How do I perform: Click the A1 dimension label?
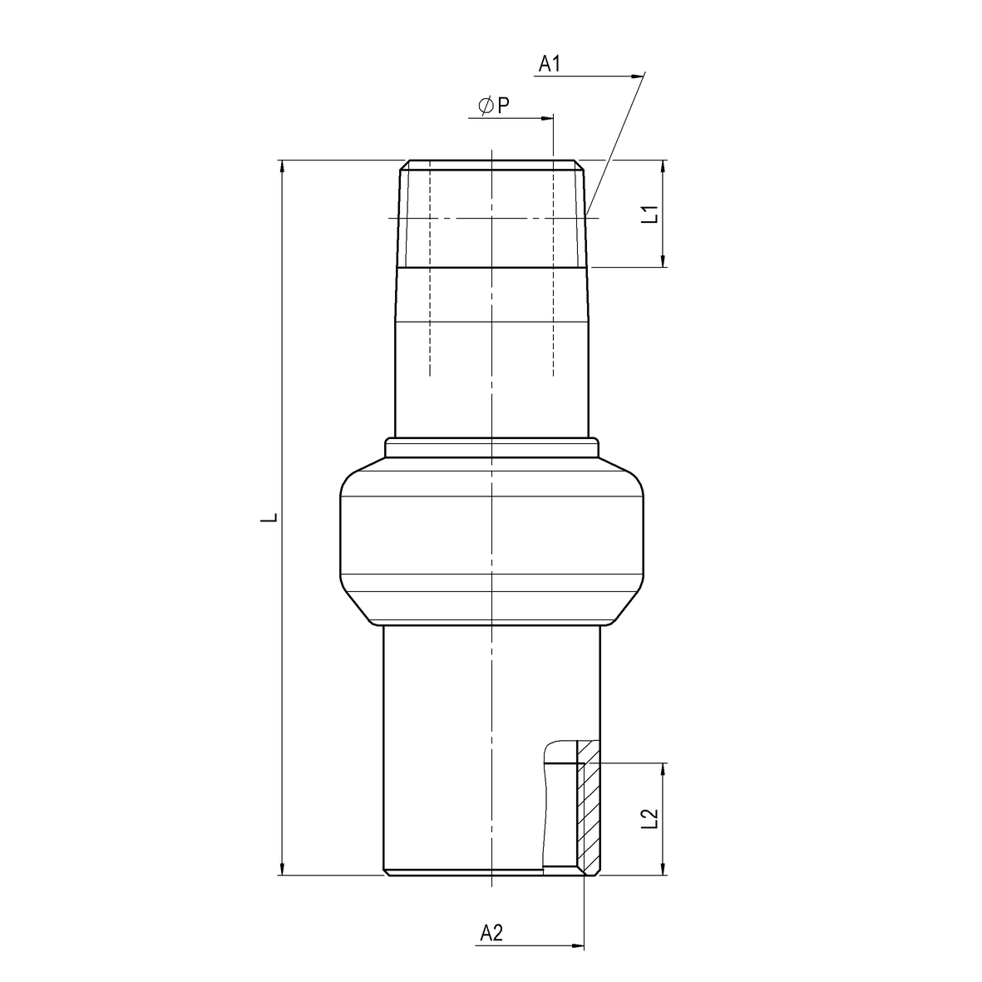point(550,64)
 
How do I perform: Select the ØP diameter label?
point(493,106)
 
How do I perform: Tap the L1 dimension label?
point(652,214)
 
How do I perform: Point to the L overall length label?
point(268,517)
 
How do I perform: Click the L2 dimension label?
point(652,818)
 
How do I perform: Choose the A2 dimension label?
point(491,934)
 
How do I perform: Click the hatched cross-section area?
point(589,807)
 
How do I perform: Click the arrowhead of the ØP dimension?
point(547,118)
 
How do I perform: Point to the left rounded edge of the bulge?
point(342,536)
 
